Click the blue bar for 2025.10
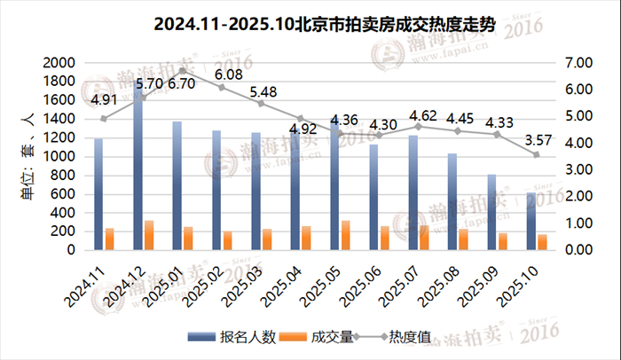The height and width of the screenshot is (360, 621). pyautogui.click(x=531, y=221)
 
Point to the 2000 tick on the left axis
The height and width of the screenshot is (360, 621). pyautogui.click(x=58, y=63)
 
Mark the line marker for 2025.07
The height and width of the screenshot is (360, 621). pyautogui.click(x=419, y=126)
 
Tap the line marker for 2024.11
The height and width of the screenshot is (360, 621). pyautogui.click(x=104, y=119)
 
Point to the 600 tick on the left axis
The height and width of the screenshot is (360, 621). pyautogui.click(x=64, y=194)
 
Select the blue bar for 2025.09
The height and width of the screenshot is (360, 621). pyautogui.click(x=491, y=212)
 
